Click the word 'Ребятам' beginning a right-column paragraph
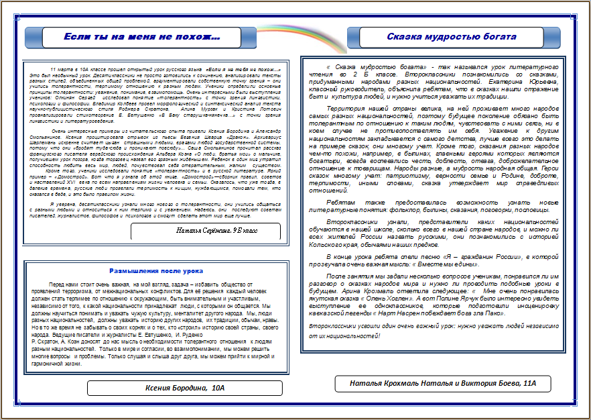343,202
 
